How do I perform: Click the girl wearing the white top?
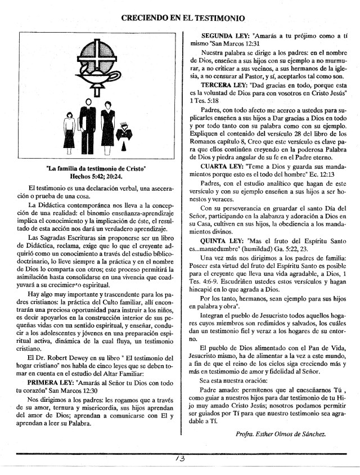70,135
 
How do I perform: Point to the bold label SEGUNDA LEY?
227,35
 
